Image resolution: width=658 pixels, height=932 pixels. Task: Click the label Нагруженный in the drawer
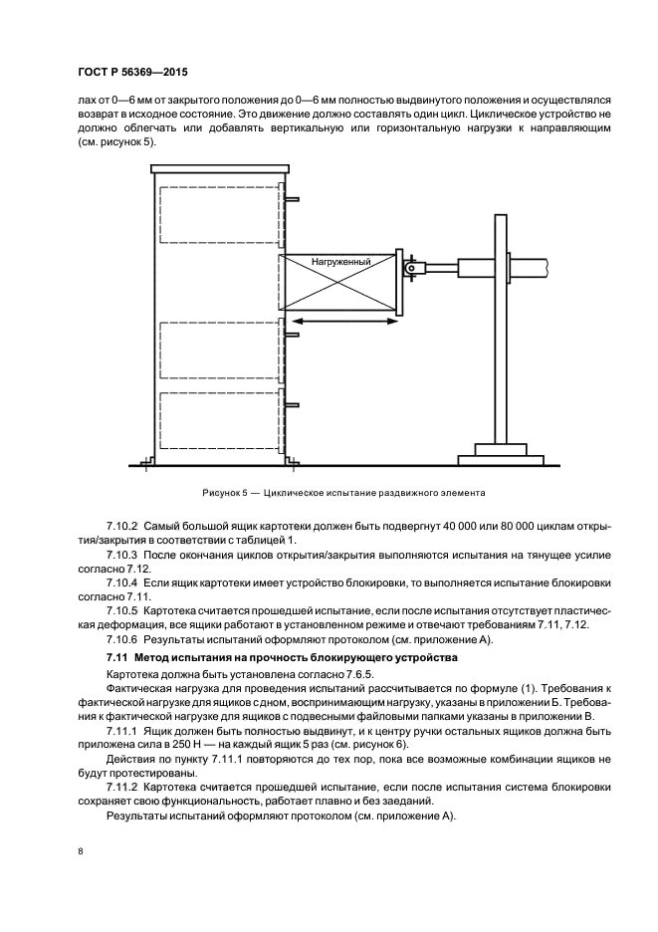340,262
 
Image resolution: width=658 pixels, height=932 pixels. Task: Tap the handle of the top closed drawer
292,199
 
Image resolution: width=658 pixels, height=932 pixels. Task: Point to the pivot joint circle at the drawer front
410,267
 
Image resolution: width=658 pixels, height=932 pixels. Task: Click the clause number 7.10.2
123,524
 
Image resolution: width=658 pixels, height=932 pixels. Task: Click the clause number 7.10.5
123,605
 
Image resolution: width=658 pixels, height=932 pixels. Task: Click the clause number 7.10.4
123,579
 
